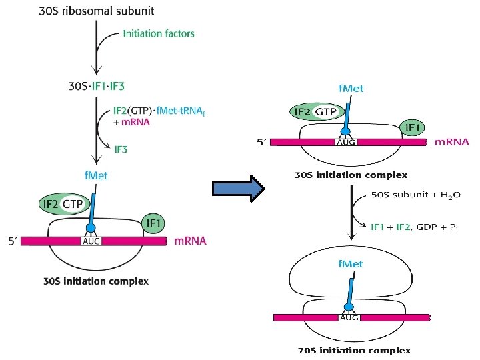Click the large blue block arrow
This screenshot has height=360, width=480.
coord(239,189)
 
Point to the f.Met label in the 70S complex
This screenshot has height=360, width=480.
coord(349,265)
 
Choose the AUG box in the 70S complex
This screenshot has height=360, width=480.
coord(350,318)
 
